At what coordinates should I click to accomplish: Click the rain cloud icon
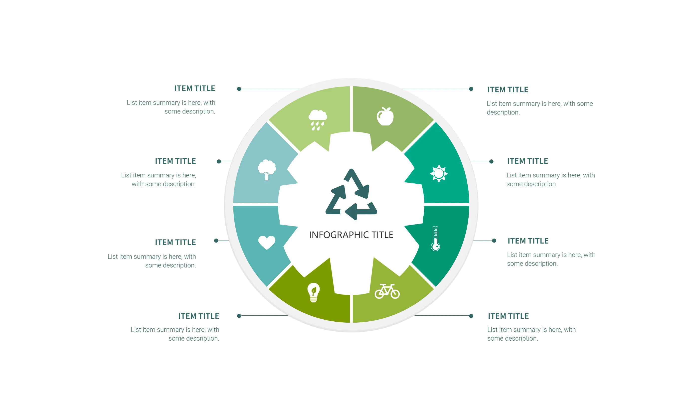coord(318,119)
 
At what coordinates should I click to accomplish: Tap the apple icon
coord(385,117)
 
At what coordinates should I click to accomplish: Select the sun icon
coord(439,173)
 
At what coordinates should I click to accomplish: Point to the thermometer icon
coord(435,238)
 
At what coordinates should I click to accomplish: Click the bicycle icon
coord(387,291)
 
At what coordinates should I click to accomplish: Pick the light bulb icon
coord(313,292)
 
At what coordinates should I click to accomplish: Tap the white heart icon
coord(266,242)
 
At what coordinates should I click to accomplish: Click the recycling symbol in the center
coord(351,194)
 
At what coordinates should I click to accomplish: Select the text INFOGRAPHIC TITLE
coord(351,235)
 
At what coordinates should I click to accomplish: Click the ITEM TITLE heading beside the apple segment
coord(508,90)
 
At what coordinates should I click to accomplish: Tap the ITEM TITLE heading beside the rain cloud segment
coord(194,88)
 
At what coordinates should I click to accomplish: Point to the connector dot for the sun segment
coord(491,161)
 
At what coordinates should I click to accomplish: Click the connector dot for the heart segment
coord(216,241)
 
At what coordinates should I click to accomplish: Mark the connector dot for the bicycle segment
coord(471,316)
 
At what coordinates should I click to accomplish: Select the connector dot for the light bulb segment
coord(239,316)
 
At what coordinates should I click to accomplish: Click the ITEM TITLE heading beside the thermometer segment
coord(528,241)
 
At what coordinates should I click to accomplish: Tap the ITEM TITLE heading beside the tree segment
coord(175,161)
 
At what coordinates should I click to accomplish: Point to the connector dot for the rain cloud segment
coord(239,89)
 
